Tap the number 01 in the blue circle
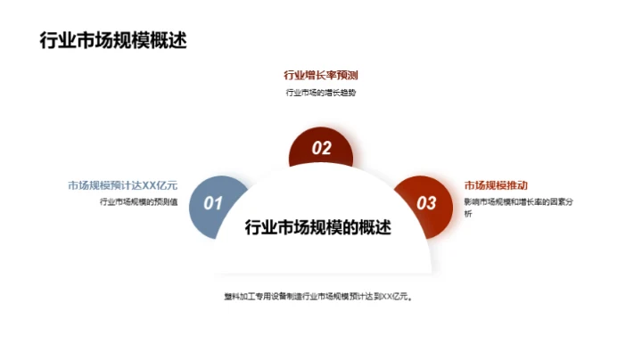pyautogui.click(x=212, y=203)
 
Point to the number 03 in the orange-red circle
pyautogui.click(x=427, y=203)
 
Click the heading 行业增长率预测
pyautogui.click(x=321, y=75)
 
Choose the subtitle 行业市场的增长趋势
pyautogui.click(x=321, y=94)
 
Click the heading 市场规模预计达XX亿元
pyautogui.click(x=123, y=185)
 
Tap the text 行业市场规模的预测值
pyautogui.click(x=138, y=202)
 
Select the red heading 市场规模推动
pyautogui.click(x=494, y=185)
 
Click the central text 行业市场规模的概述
pyautogui.click(x=318, y=227)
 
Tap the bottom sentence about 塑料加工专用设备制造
pyautogui.click(x=321, y=297)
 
